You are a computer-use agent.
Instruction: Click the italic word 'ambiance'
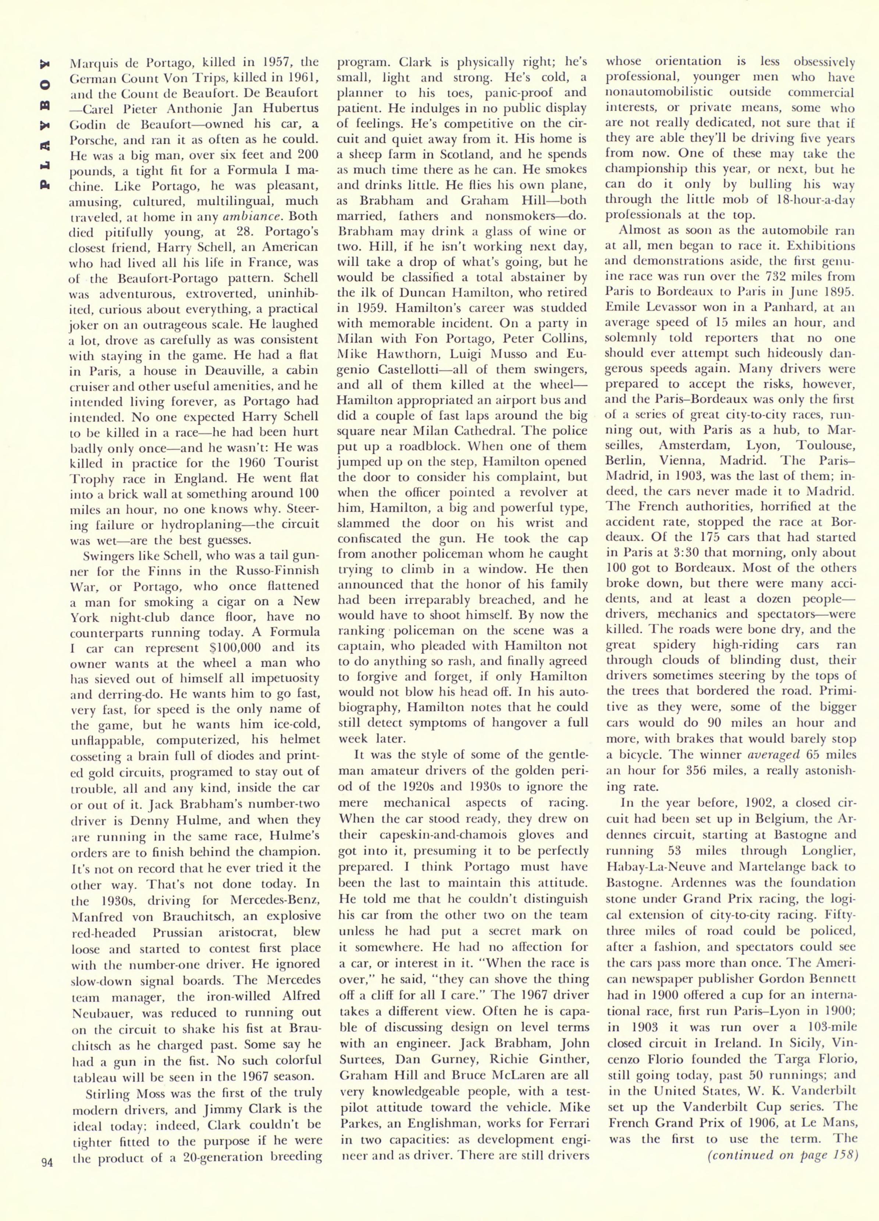pyautogui.click(x=249, y=216)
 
